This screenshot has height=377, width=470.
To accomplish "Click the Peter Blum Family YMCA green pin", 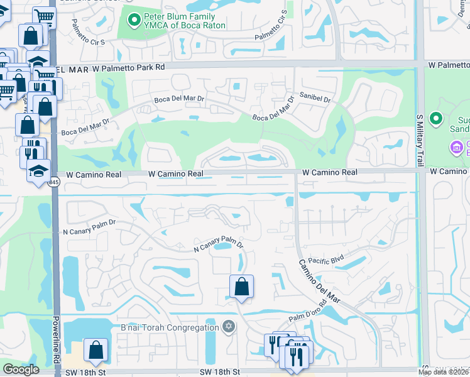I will tap(133, 21).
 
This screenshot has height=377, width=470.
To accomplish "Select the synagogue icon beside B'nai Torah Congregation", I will tap(229, 326).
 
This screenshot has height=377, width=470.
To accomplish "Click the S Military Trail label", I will tap(420, 139).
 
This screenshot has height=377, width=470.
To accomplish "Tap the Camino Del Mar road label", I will tap(319, 281).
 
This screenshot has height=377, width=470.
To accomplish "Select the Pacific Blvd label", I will tap(324, 258).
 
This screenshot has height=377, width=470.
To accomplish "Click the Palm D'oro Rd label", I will tap(308, 315).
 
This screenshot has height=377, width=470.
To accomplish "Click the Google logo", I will tap(21, 369).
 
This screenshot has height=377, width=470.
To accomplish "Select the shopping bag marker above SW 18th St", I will tap(96, 351).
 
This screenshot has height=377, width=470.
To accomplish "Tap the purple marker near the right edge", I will tap(456, 148).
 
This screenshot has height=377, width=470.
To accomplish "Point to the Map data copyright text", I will tap(444, 372).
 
